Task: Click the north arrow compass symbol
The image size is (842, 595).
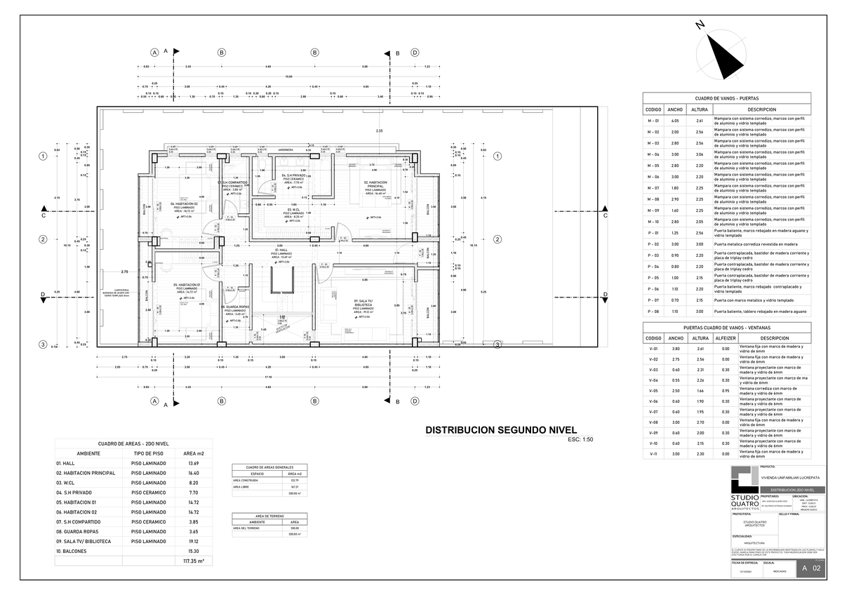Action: tap(722, 55)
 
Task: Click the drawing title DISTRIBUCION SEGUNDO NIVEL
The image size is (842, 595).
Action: tap(501, 429)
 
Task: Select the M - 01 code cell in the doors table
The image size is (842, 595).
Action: tap(653, 121)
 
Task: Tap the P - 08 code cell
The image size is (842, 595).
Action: tap(653, 311)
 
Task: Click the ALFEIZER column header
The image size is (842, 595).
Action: tap(726, 337)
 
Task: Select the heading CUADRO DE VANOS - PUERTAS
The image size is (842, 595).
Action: tap(727, 99)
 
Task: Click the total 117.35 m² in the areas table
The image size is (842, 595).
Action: tap(193, 561)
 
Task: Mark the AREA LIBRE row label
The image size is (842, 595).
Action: tap(241, 486)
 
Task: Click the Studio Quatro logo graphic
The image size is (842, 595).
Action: tap(744, 482)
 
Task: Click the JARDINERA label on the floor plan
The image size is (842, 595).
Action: tap(285, 149)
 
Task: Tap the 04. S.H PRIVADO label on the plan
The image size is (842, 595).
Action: tap(293, 175)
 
